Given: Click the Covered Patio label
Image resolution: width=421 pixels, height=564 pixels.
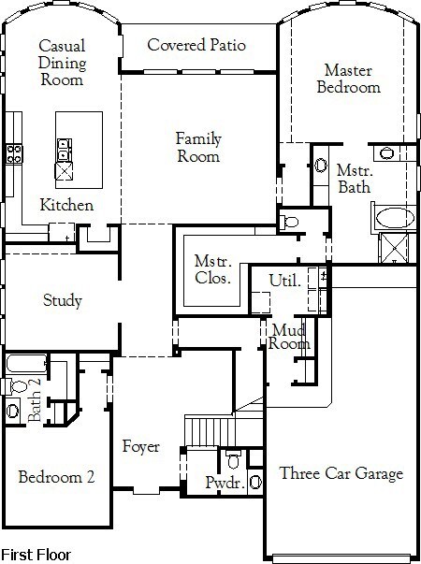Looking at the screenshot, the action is (196, 45).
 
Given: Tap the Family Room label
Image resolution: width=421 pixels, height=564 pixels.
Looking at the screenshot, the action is (198, 148).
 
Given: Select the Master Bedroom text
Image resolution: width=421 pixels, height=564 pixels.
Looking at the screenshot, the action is (348, 79).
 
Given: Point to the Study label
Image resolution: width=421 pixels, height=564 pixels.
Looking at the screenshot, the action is (63, 300).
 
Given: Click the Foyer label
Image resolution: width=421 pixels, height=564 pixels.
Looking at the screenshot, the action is (140, 447).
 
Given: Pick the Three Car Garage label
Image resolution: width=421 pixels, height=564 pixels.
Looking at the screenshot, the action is (341, 473).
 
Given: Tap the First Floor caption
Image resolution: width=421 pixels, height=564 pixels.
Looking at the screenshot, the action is (36, 555).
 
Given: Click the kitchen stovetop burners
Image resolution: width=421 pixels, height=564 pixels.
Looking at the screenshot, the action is (14, 154).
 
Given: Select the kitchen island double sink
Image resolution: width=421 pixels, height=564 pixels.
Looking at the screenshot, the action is (65, 150).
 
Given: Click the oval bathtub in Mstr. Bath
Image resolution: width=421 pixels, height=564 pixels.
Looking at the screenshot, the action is (395, 218).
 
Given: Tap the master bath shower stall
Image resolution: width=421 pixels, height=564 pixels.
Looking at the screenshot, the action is (395, 248).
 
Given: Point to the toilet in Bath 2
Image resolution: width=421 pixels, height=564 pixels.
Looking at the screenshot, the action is (16, 386).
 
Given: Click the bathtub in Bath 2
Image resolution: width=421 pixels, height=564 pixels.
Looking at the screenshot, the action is (26, 364).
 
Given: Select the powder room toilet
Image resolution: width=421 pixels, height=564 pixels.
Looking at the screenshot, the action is (234, 459).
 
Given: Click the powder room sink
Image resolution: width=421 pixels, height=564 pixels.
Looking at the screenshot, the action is (255, 483).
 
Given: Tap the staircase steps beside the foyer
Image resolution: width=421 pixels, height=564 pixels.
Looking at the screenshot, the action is (210, 430).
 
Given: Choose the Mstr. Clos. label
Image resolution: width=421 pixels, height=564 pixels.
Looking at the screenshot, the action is (212, 269).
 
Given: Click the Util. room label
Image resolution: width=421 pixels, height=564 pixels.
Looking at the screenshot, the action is (285, 281).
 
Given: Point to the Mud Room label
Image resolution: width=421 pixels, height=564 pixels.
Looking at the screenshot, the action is (289, 337).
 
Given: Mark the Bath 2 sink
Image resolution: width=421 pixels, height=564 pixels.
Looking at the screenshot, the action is (12, 411).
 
